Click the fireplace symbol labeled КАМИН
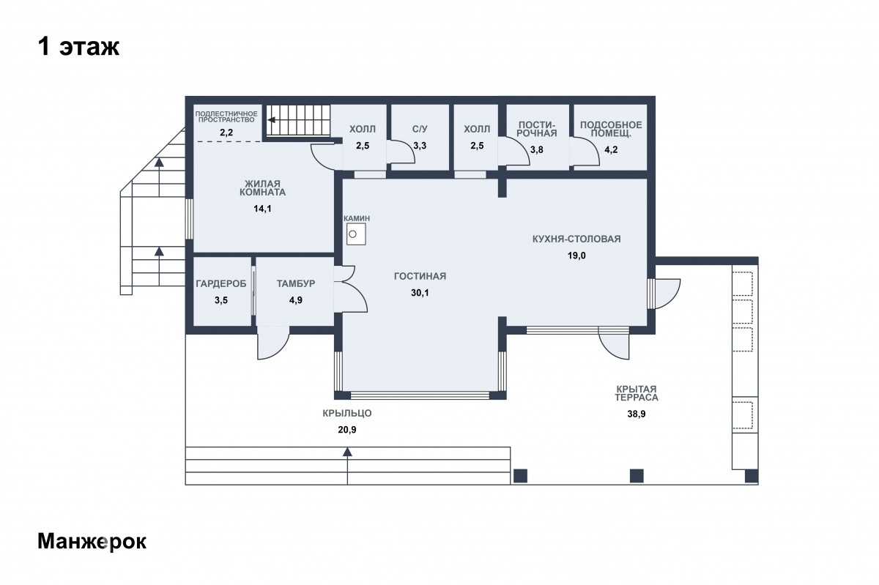[356, 234]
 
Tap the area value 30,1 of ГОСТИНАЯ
[420, 293]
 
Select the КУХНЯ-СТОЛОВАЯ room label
[576, 239]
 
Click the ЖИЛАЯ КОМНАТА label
[262, 188]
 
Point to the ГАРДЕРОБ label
[221, 283]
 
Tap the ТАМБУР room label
[296, 283]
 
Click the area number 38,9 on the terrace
[636, 414]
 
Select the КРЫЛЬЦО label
[347, 413]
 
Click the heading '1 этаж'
[78, 47]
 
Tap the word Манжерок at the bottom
[92, 542]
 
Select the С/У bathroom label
[420, 129]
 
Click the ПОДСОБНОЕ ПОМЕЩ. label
[611, 129]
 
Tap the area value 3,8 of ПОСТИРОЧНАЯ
[536, 149]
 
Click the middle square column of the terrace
[637, 475]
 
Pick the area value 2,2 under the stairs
[226, 133]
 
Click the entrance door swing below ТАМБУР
[273, 343]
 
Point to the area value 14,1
[262, 209]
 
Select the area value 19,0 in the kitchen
[576, 256]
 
